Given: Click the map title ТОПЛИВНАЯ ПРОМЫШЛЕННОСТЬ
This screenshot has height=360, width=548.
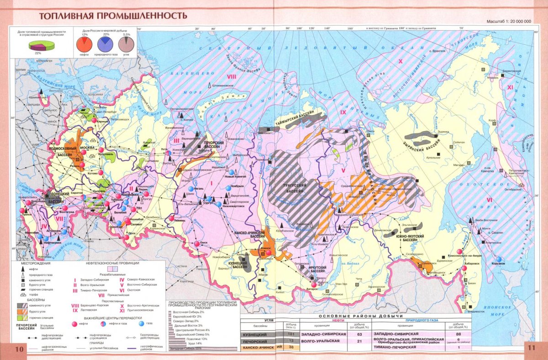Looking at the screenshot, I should pos(113,16).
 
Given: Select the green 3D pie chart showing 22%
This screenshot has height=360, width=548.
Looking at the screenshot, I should pos(42,46).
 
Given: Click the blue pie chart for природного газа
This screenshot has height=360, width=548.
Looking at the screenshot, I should pos(106,44).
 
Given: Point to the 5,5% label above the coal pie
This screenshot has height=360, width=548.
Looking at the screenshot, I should pos(126,35).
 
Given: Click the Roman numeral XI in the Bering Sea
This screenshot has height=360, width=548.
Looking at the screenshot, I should pos(510,86).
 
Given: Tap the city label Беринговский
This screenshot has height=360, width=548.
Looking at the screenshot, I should pos(511,71).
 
